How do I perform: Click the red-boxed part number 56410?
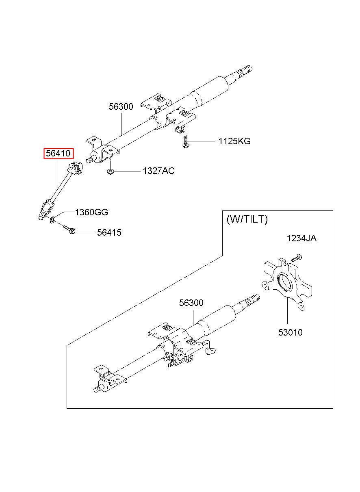[x=58, y=153]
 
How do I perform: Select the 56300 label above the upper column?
[x=121, y=106]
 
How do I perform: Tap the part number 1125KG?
[x=234, y=141]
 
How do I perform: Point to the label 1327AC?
[x=158, y=171]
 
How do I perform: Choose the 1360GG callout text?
[x=91, y=212]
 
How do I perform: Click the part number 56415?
[x=109, y=232]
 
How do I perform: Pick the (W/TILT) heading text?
[x=247, y=219]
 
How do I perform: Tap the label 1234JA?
[x=301, y=238]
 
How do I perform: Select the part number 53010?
[x=291, y=333]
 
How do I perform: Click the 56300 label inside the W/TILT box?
[x=191, y=303]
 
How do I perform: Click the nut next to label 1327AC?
[x=110, y=171]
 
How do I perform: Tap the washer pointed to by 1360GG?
[x=53, y=219]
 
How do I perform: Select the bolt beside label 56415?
[x=69, y=229]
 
